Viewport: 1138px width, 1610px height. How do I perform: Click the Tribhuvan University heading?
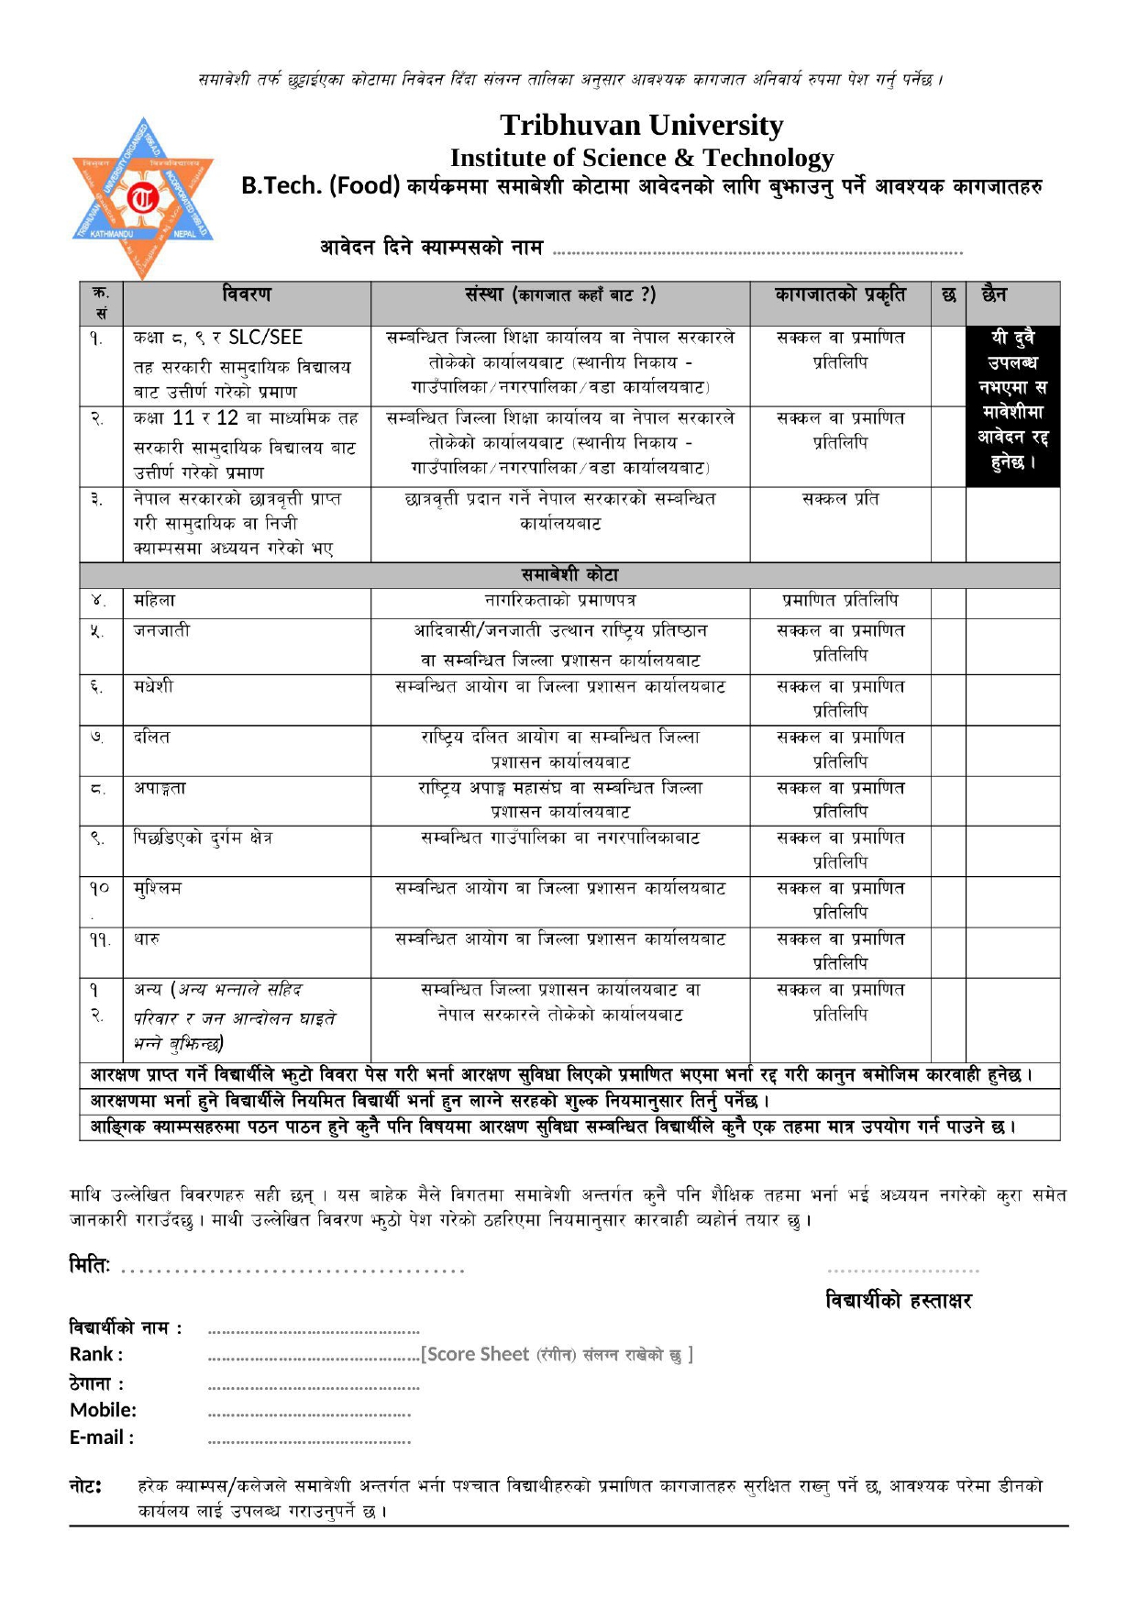641,125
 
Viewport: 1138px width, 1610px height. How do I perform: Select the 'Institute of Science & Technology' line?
641,158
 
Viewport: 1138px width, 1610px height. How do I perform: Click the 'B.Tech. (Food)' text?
320,186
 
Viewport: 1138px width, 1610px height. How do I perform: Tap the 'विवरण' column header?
247,294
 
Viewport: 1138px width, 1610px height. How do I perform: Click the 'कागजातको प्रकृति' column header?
839,294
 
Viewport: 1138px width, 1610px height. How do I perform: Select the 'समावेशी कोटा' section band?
569,575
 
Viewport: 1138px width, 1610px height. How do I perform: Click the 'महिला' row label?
154,601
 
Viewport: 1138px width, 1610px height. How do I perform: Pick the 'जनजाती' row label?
161,630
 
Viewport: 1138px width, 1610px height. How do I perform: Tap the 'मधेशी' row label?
153,686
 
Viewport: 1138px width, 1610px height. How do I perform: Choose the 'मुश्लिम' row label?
158,888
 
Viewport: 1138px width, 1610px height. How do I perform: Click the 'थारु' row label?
147,939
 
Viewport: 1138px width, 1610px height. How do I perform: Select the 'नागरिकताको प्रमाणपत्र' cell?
560,601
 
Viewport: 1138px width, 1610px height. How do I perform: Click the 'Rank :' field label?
96,1354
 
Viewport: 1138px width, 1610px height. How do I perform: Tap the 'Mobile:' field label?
103,1410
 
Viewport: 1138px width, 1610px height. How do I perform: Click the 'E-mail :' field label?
102,1438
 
